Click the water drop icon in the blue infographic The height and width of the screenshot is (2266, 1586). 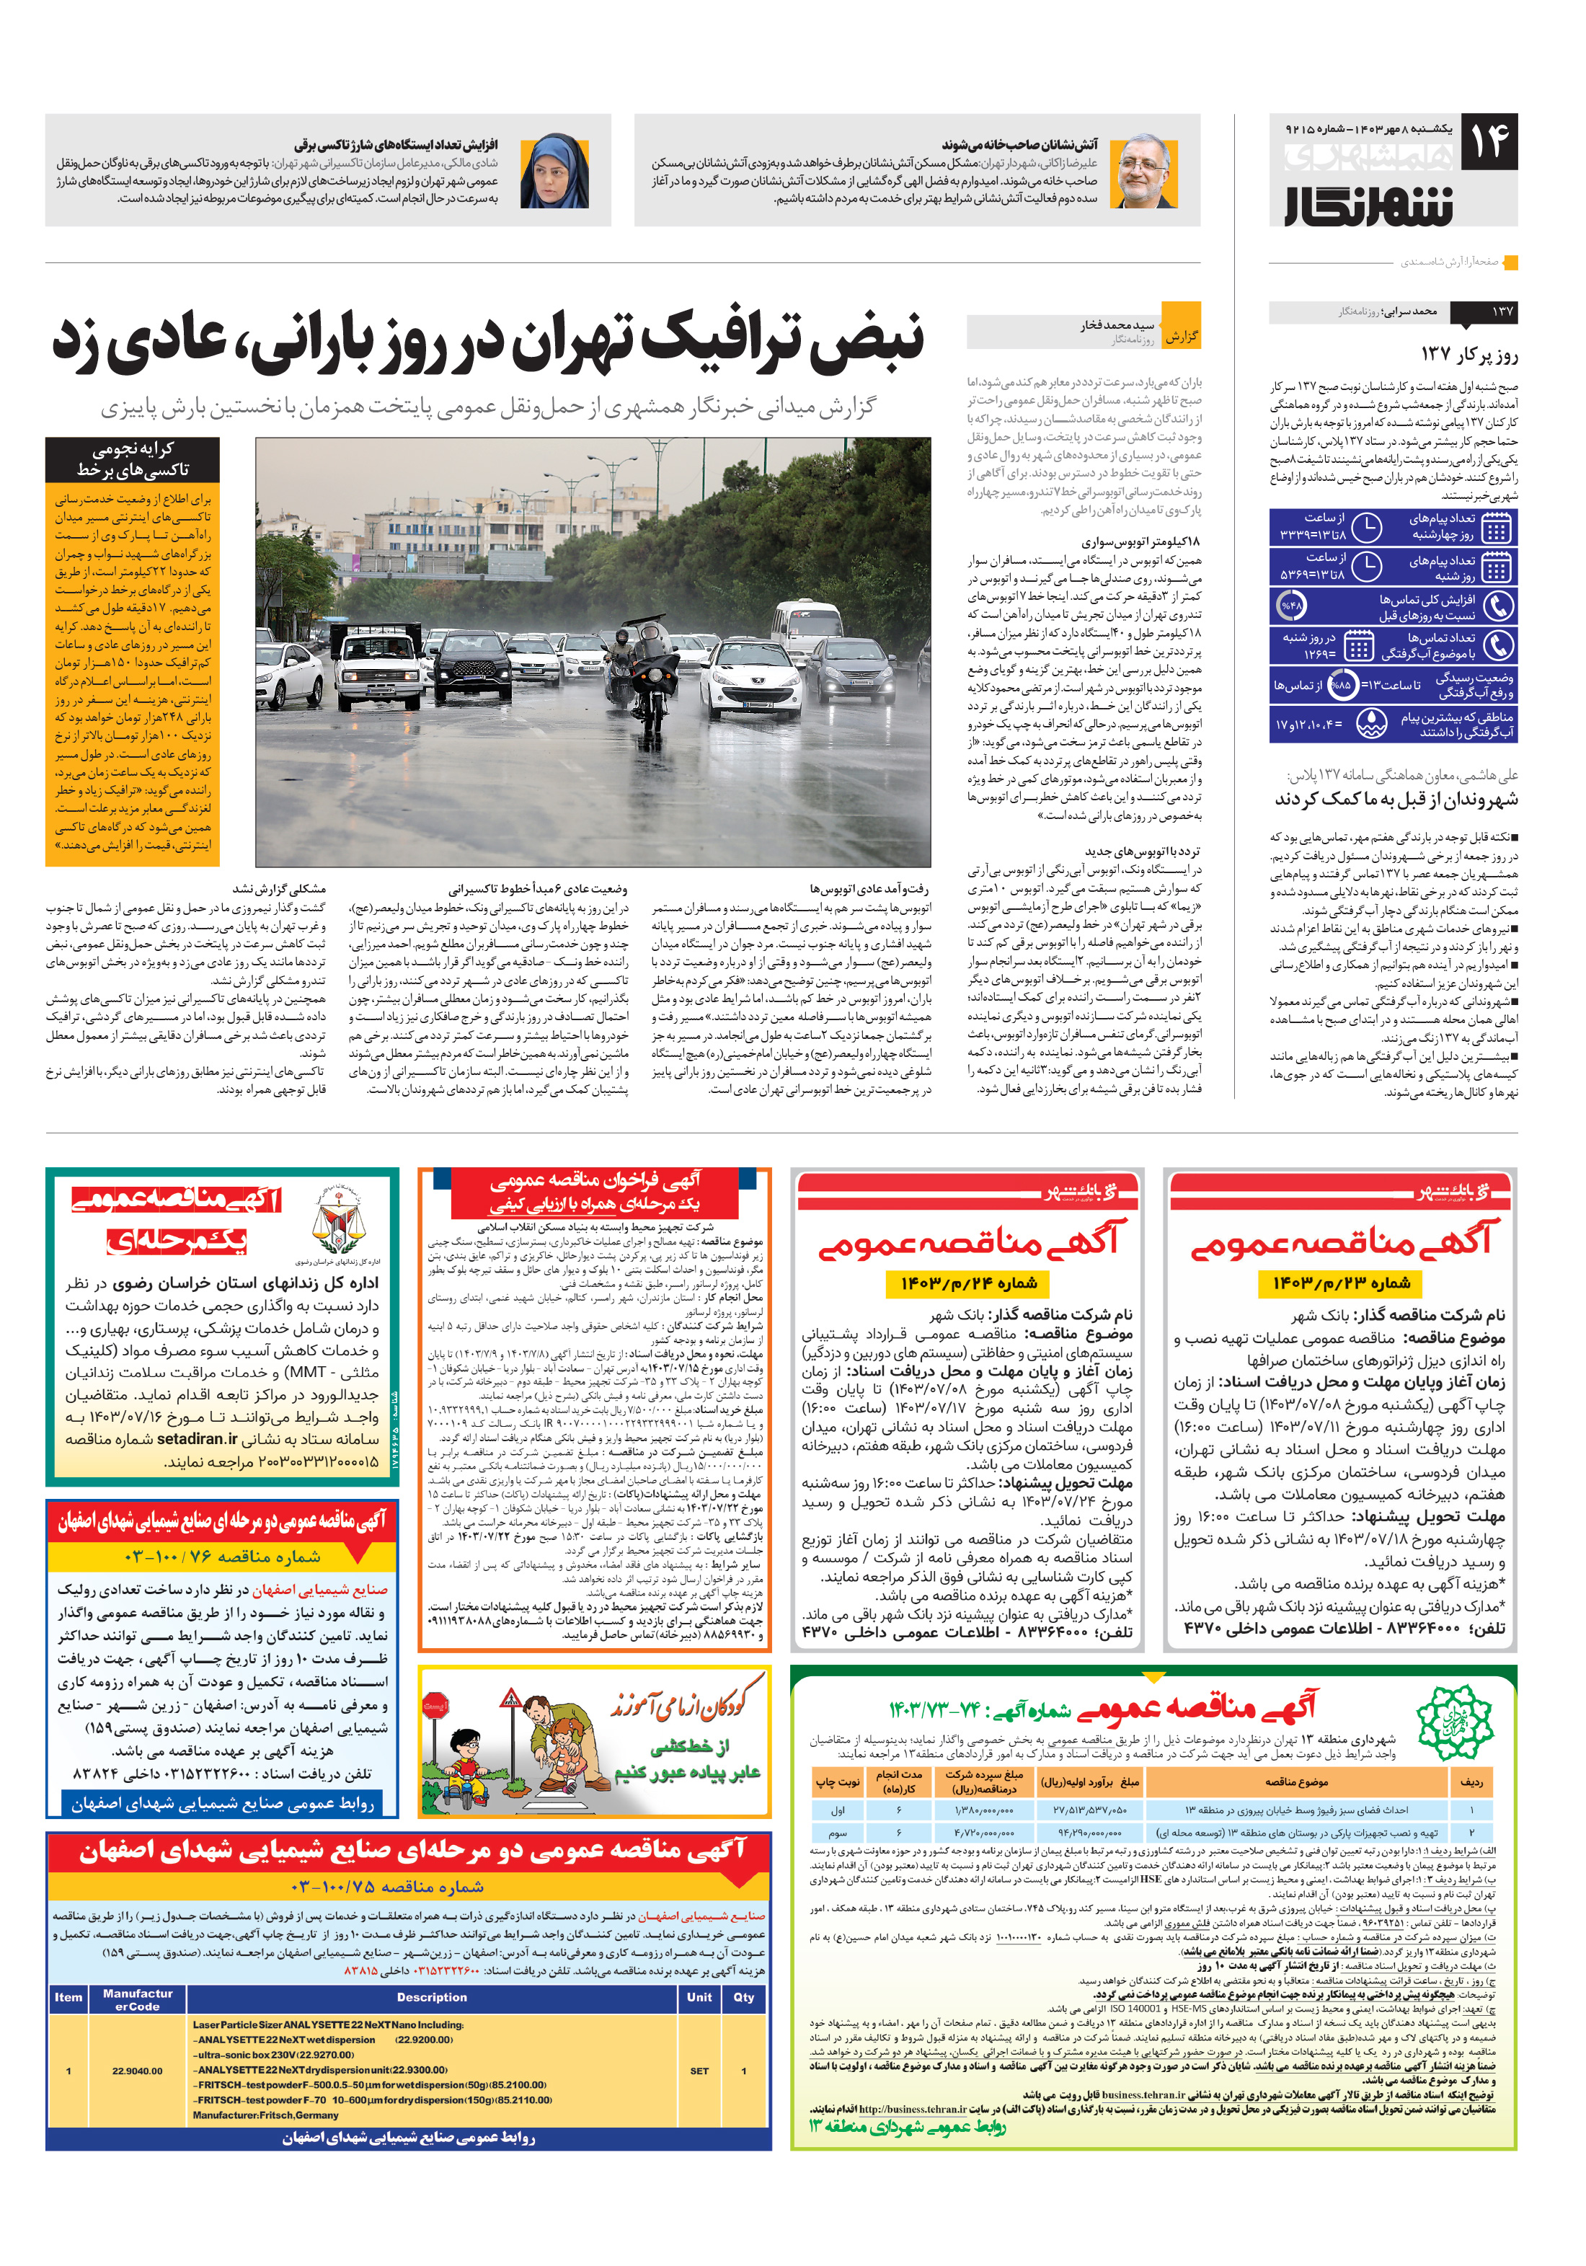tap(1371, 725)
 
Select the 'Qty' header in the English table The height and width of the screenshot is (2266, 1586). tap(743, 1998)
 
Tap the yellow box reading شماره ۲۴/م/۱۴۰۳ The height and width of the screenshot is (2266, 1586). tap(968, 1283)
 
